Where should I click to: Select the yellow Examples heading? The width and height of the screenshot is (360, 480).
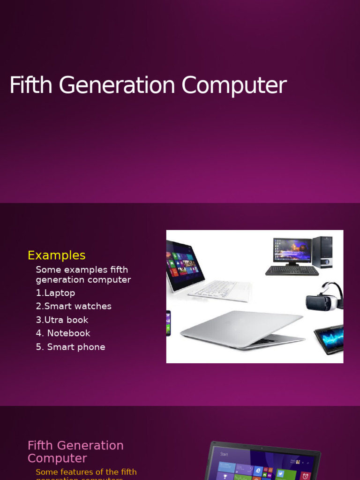click(x=56, y=255)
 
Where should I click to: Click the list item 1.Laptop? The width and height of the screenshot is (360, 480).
click(x=55, y=293)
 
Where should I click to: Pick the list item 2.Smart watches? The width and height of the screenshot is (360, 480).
click(x=74, y=307)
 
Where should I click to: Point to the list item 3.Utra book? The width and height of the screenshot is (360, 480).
click(x=62, y=320)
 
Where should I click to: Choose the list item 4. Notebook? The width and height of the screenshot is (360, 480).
click(x=63, y=333)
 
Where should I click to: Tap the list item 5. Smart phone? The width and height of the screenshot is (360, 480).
click(x=70, y=347)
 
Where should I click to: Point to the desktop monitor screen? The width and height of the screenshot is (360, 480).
click(x=292, y=250)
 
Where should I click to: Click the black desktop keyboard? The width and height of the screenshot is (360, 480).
click(x=292, y=270)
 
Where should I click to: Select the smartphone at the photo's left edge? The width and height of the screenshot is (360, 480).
click(x=168, y=323)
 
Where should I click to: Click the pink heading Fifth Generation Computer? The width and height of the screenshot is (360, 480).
click(x=75, y=451)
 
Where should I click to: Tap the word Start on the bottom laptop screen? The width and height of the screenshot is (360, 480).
click(x=224, y=454)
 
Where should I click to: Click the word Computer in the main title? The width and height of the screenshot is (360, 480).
click(x=233, y=86)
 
